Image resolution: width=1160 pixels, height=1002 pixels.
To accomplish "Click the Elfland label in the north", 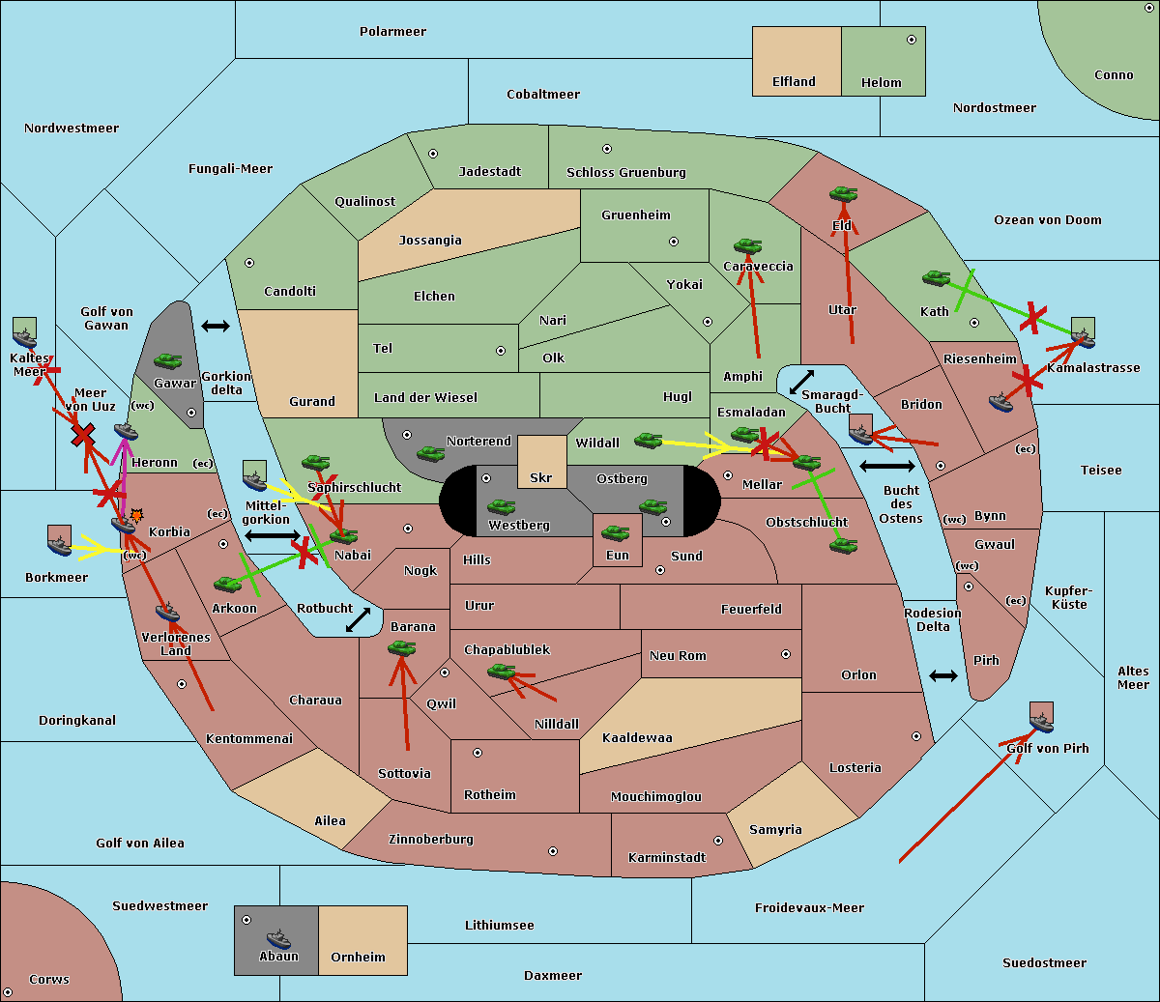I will tap(794, 82).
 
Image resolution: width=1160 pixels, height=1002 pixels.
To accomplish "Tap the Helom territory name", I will tap(881, 83).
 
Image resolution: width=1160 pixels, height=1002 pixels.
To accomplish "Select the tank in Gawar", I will tap(167, 361).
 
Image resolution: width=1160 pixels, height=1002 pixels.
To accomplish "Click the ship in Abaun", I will tap(278, 938).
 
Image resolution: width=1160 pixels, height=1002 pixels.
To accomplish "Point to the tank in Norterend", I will tap(430, 453).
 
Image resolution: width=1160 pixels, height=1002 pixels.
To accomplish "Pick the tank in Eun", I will tap(616, 532).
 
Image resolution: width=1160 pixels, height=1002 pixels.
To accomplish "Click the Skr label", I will tap(540, 478).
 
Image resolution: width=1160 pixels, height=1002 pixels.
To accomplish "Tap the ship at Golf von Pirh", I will tap(1041, 721).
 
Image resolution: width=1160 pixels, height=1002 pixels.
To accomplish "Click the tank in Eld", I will tap(843, 194).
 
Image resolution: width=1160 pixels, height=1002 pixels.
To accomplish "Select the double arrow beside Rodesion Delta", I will tap(943, 675).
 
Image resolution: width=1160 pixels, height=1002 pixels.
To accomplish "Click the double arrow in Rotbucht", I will tap(359, 619).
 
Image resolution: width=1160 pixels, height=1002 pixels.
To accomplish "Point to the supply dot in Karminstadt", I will tap(718, 841).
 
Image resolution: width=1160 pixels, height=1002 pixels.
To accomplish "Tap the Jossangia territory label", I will tap(430, 241).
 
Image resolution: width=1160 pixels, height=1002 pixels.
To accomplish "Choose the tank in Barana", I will tap(401, 648).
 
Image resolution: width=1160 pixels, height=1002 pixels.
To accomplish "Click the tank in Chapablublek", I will tap(501, 671).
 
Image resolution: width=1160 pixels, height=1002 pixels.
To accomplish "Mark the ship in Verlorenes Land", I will tap(168, 612).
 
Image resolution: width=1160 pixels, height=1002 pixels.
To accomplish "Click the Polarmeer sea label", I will tap(392, 32).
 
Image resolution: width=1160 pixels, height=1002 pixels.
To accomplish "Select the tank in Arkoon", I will tap(228, 584).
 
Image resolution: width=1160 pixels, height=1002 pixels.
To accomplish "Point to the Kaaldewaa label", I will tap(637, 738).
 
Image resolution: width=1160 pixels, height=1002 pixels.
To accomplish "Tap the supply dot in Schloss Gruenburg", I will tap(607, 149).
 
